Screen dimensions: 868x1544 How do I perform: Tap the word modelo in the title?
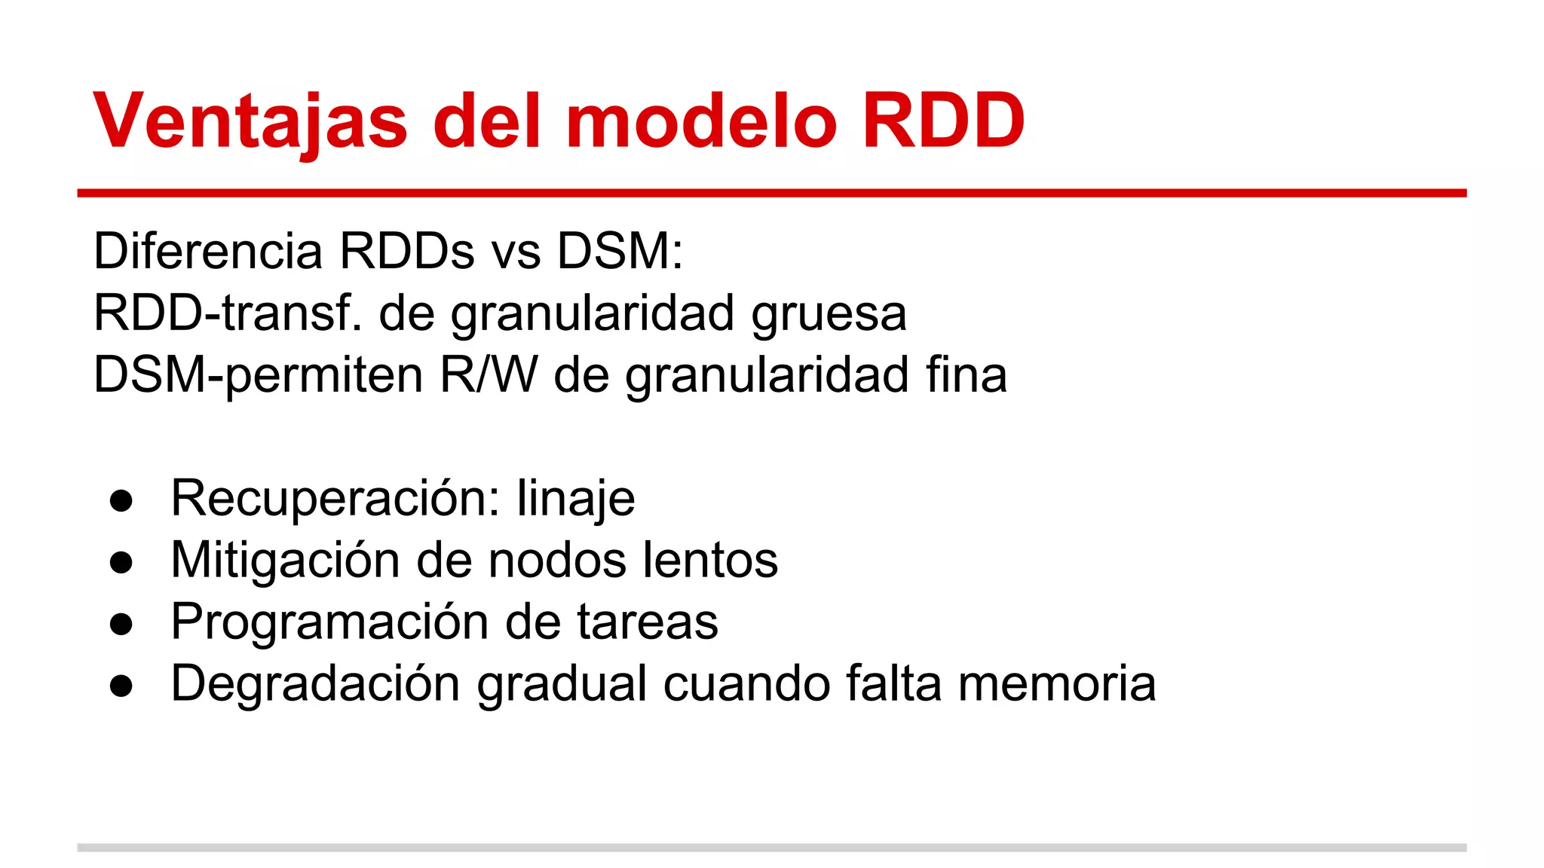pos(701,121)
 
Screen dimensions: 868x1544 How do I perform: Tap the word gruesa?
pos(829,313)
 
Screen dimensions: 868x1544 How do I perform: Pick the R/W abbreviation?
pos(489,374)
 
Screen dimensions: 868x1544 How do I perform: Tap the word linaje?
pos(576,499)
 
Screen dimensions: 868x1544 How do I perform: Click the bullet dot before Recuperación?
pos(121,501)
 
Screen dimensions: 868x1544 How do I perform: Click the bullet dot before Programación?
pos(121,625)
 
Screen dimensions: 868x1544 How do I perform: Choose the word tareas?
pos(648,622)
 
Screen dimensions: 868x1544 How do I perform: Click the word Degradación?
pos(315,684)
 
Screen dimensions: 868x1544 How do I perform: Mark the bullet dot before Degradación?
pos(121,686)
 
